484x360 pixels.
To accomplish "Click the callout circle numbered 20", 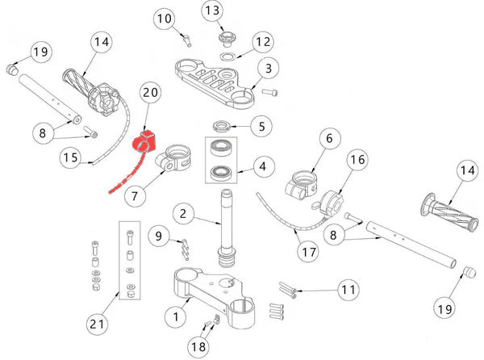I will coord(150,94).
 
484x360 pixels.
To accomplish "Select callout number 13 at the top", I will coord(211,10).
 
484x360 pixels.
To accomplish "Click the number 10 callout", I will coord(164,18).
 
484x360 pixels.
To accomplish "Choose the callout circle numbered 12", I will coord(262,41).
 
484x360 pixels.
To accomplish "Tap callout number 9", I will coord(159,237).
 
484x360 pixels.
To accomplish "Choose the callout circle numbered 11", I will coord(348,289).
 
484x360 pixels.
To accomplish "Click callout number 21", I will coord(98,324).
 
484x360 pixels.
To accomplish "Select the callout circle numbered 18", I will coord(198,345).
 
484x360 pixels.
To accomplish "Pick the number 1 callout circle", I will coord(172,317).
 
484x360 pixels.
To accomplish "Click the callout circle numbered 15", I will coord(73,158).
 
